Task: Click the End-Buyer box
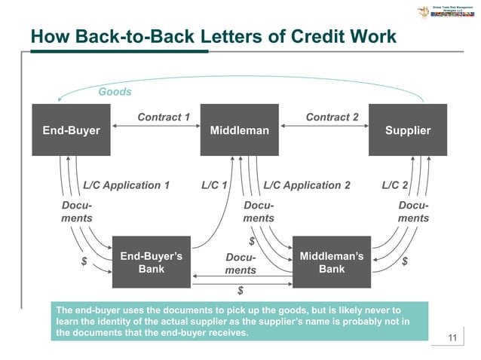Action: point(70,130)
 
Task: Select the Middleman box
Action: point(240,130)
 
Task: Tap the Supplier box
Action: point(408,130)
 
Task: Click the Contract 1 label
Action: point(163,117)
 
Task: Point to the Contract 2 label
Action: point(332,117)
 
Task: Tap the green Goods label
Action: point(115,92)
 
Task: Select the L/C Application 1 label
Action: point(126,185)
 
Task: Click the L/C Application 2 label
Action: point(307,185)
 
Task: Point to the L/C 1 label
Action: point(215,185)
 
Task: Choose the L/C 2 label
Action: point(395,185)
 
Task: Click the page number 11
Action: point(452,337)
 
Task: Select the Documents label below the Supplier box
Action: point(413,212)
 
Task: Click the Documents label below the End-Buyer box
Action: point(77,212)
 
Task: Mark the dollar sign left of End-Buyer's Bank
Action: point(84,261)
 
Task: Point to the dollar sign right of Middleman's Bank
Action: point(405,261)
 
